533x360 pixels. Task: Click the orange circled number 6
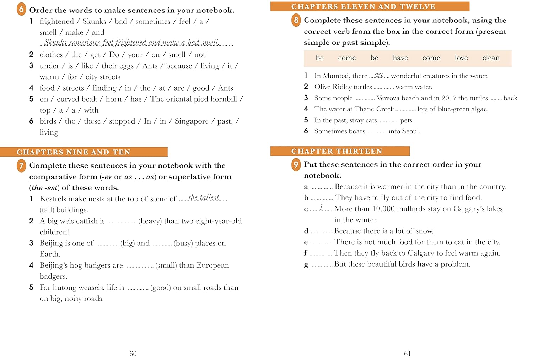(21, 9)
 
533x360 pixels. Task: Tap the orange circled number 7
(21, 165)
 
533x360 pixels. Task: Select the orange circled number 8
(296, 20)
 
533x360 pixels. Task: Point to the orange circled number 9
(296, 164)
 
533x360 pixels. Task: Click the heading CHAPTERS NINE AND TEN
(74, 152)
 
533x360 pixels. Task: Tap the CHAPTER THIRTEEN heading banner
(337, 151)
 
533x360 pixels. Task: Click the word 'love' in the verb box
(461, 58)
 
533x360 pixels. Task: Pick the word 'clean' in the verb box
(491, 58)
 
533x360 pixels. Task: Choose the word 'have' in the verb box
(400, 58)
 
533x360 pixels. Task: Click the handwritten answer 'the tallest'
(204, 198)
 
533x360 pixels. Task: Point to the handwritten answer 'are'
(379, 75)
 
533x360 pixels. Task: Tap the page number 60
(133, 354)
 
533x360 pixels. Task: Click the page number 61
(407, 354)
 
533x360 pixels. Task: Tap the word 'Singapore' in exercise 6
(192, 121)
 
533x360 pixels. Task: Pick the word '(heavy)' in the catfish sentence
(150, 221)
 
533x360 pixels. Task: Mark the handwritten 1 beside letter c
(321, 207)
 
